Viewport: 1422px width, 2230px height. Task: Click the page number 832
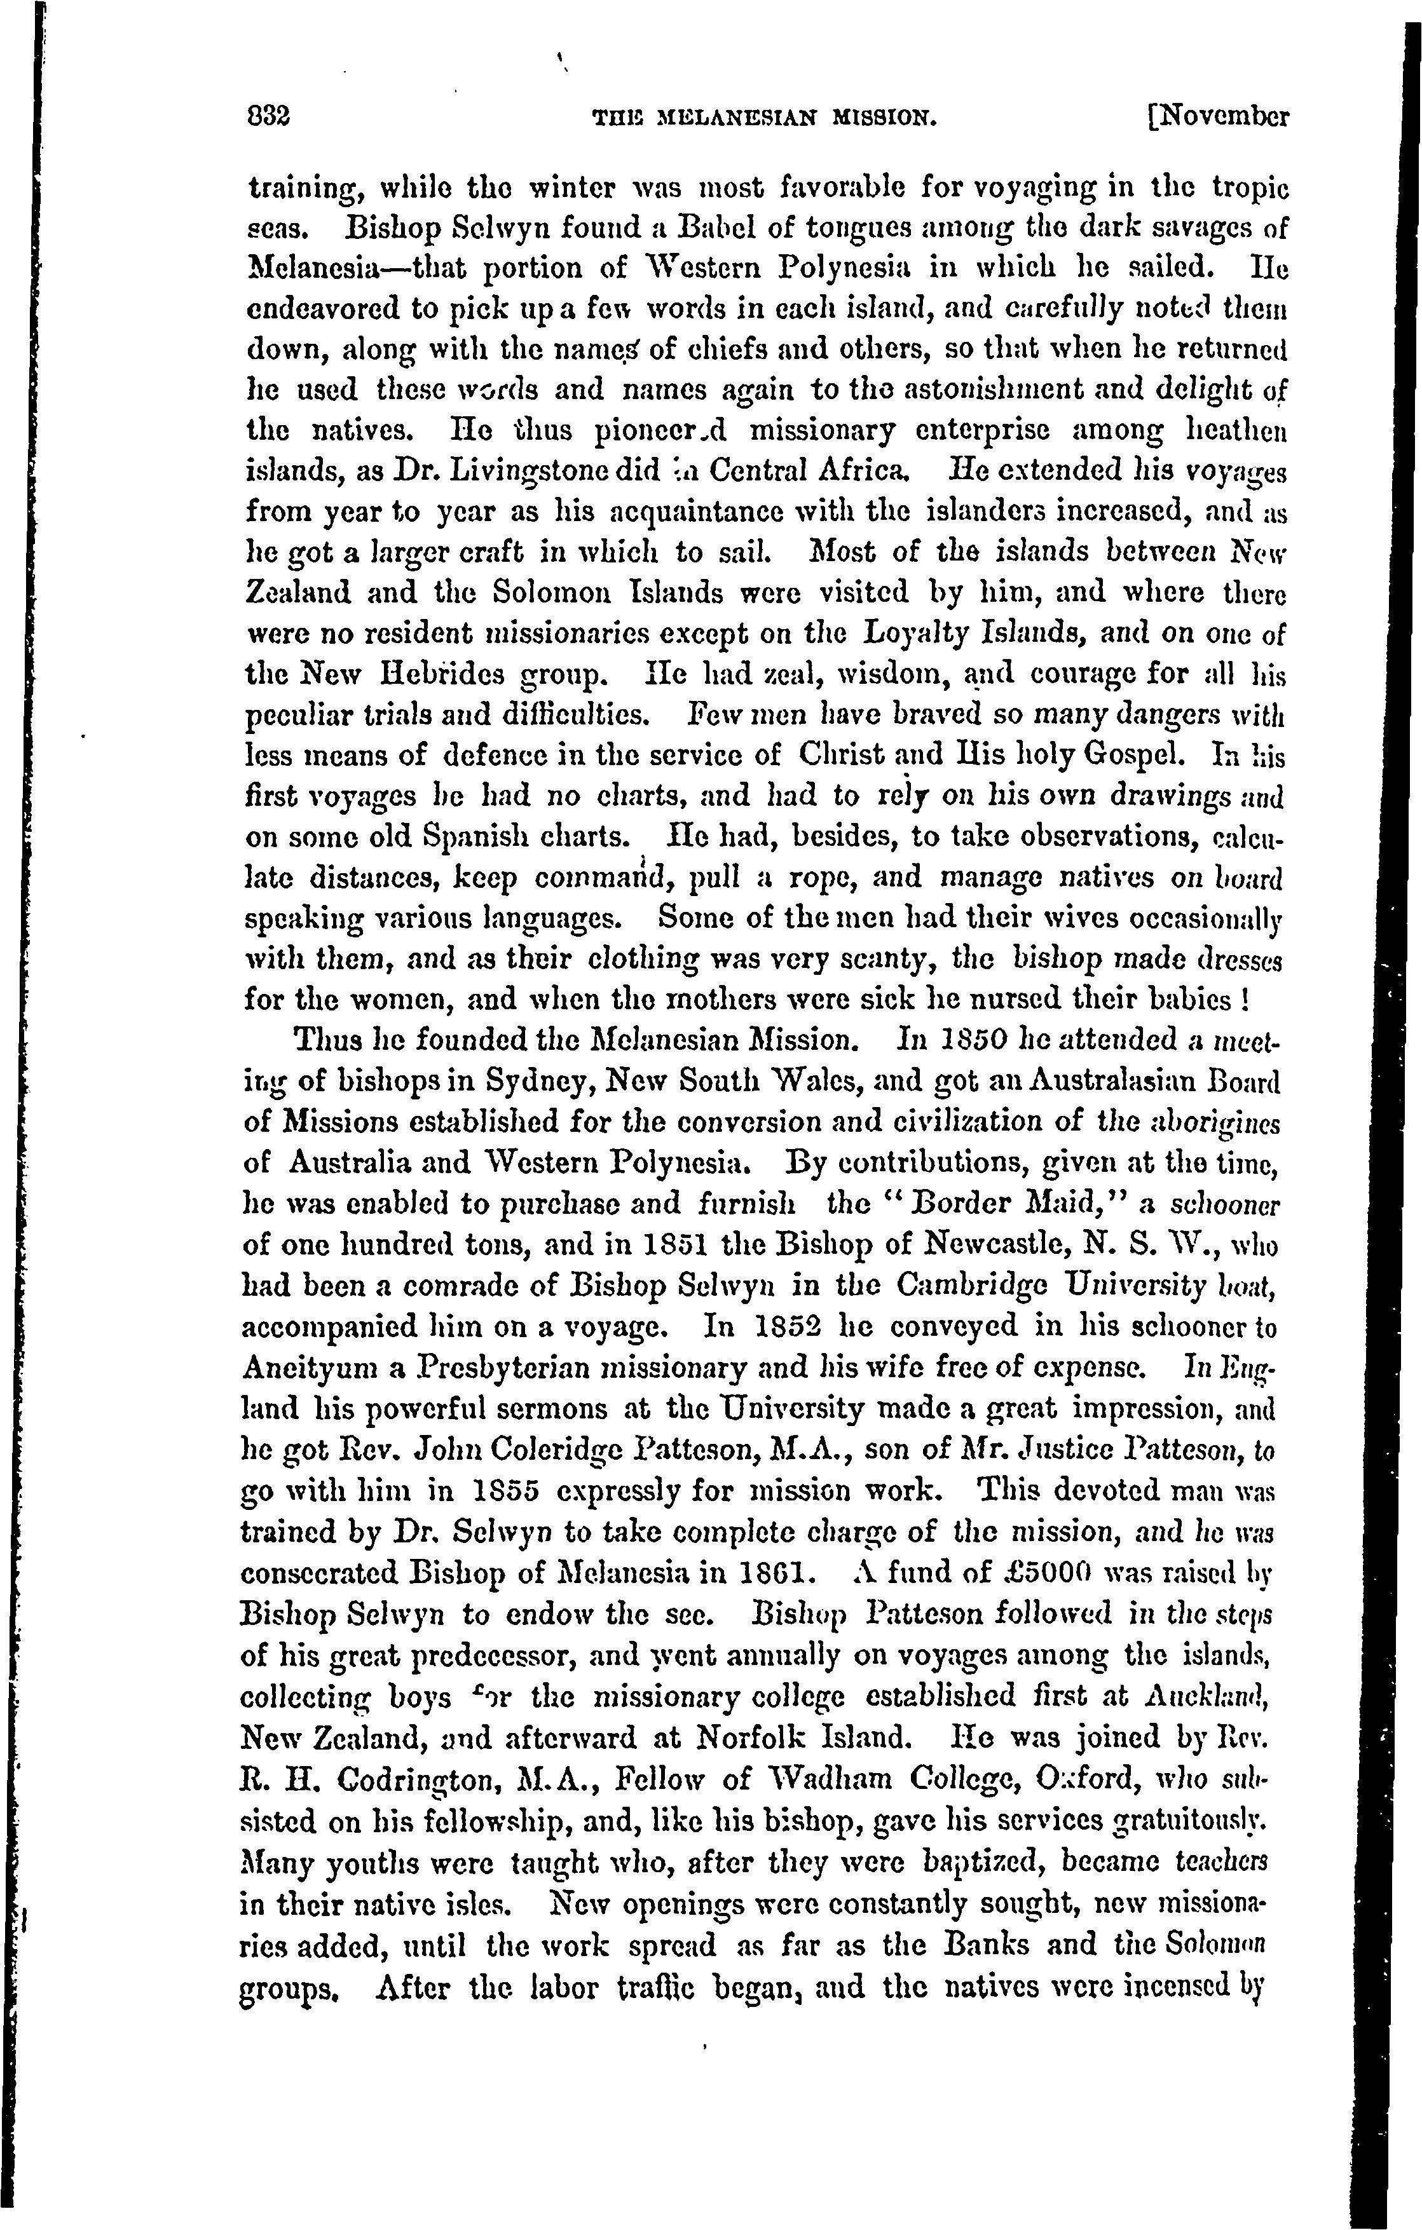point(270,119)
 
